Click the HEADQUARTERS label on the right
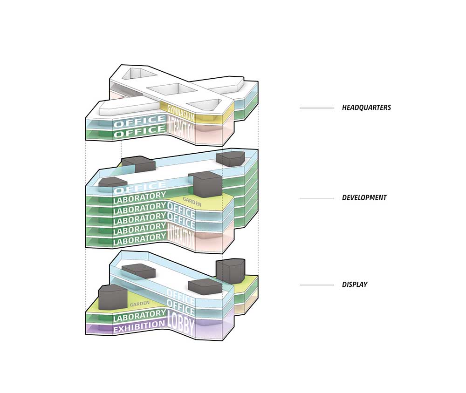tap(366, 108)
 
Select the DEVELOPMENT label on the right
tap(364, 197)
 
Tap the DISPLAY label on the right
tap(355, 284)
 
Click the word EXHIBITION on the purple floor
tap(139, 327)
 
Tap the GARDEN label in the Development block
tap(192, 200)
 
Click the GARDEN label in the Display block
tap(139, 304)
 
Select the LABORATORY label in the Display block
tap(139, 317)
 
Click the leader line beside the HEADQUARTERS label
tap(317, 108)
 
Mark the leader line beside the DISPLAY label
tap(317, 285)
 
